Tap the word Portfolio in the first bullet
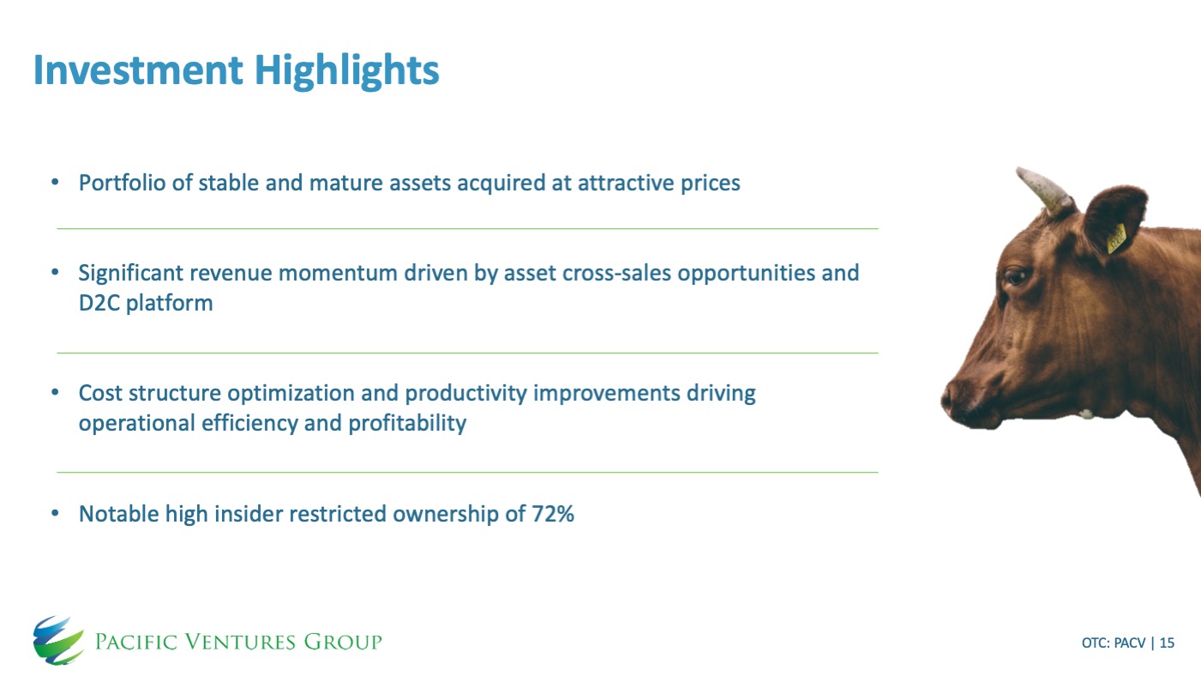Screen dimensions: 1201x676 point(123,183)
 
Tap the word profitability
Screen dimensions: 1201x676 point(407,424)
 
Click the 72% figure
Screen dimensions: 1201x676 point(553,514)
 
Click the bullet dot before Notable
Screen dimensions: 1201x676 point(55,514)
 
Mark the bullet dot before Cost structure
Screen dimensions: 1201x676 point(55,393)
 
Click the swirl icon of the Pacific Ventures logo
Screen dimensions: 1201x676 point(58,641)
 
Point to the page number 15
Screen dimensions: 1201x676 point(1167,643)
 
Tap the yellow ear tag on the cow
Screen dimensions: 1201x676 point(1117,238)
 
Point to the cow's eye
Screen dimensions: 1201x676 point(1015,277)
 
